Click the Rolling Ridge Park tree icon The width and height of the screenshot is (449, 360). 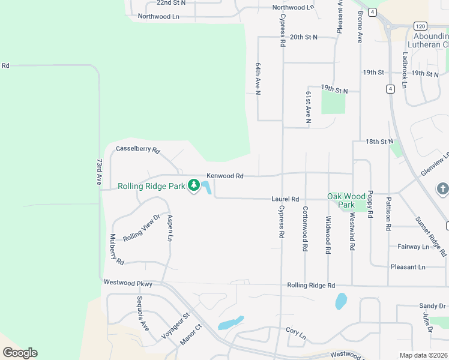(194, 186)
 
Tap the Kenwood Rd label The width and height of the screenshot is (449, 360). (225, 176)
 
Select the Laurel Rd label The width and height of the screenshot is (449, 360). (285, 199)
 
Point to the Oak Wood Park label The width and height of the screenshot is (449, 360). (346, 200)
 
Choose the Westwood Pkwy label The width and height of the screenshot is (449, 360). (128, 283)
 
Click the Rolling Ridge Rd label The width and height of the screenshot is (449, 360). (310, 286)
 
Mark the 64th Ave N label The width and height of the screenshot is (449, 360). (258, 78)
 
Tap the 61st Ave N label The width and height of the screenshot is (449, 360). (308, 107)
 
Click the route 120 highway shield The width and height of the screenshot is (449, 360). (420, 26)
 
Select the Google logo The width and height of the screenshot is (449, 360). (20, 353)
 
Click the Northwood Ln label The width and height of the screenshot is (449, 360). (158, 16)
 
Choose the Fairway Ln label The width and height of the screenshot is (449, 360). (414, 247)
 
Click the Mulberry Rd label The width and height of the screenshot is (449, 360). (116, 250)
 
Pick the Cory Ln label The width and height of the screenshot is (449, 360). (296, 331)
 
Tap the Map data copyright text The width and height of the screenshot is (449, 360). (423, 355)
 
